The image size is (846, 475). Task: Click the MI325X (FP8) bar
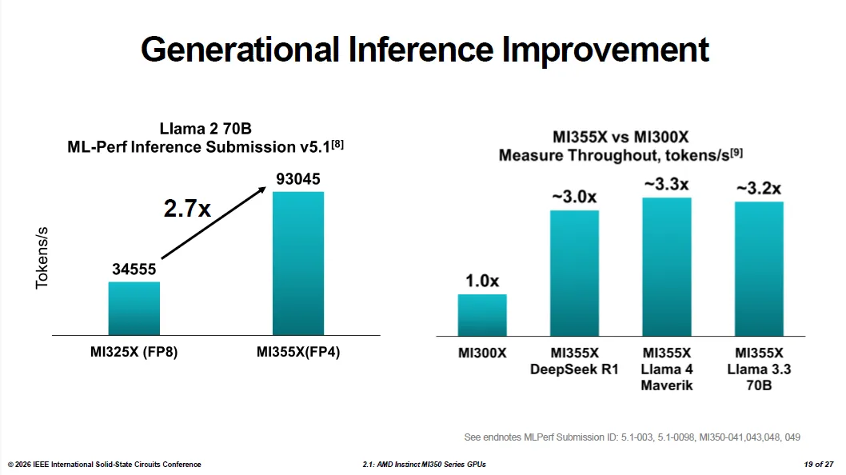[134, 308]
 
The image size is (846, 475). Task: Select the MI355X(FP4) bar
[297, 263]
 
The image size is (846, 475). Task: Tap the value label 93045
[297, 178]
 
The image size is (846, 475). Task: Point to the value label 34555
[134, 269]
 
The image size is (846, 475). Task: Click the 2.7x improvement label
[187, 209]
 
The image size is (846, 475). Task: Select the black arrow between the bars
[213, 223]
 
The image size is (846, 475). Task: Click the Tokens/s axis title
[42, 258]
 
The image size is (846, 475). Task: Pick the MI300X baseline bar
[482, 315]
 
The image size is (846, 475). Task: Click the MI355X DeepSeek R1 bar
[575, 273]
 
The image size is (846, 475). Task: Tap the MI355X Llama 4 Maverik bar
[667, 266]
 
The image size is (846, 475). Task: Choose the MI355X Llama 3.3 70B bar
[759, 269]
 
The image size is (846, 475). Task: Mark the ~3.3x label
[667, 184]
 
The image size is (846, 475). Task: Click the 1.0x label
[482, 281]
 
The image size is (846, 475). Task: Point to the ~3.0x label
[575, 197]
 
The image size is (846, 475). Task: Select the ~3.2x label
[759, 189]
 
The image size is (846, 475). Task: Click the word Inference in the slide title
[421, 50]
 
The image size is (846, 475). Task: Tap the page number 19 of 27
[819, 464]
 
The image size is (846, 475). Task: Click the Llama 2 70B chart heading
[206, 129]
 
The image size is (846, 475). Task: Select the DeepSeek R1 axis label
[574, 369]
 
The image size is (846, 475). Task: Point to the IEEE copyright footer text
[104, 464]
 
